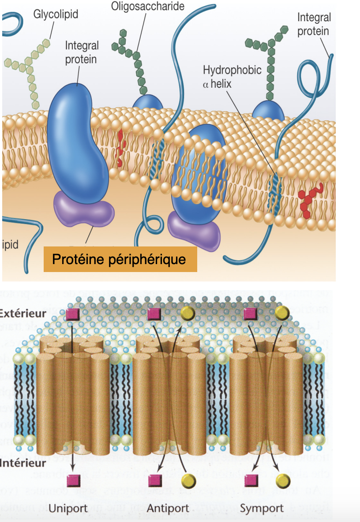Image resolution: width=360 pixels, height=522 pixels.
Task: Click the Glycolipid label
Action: (x=56, y=14)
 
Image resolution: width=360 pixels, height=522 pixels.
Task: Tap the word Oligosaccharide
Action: (x=148, y=6)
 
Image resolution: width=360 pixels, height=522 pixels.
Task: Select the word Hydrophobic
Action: (x=232, y=70)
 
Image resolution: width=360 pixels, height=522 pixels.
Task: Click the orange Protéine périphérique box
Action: (x=120, y=259)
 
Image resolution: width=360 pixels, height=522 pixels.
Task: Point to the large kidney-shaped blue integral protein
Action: (x=77, y=141)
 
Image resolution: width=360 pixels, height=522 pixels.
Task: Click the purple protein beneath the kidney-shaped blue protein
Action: (x=84, y=211)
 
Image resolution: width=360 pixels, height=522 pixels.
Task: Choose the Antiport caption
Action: (x=168, y=508)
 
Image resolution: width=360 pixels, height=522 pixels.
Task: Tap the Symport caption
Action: (x=262, y=508)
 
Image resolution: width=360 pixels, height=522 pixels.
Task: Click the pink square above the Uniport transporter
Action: (x=72, y=314)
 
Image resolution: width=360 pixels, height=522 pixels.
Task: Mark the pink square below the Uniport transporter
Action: (x=72, y=480)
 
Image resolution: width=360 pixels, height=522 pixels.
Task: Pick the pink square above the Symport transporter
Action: (x=250, y=314)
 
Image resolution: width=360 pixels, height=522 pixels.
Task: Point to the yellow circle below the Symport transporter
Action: (x=283, y=480)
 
